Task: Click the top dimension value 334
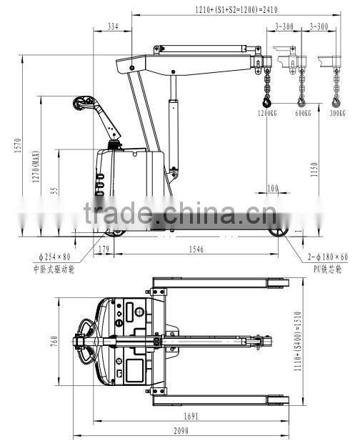tap(113, 26)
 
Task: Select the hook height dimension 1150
tap(315, 169)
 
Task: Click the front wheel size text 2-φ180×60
tap(329, 257)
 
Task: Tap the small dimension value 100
tap(272, 188)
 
